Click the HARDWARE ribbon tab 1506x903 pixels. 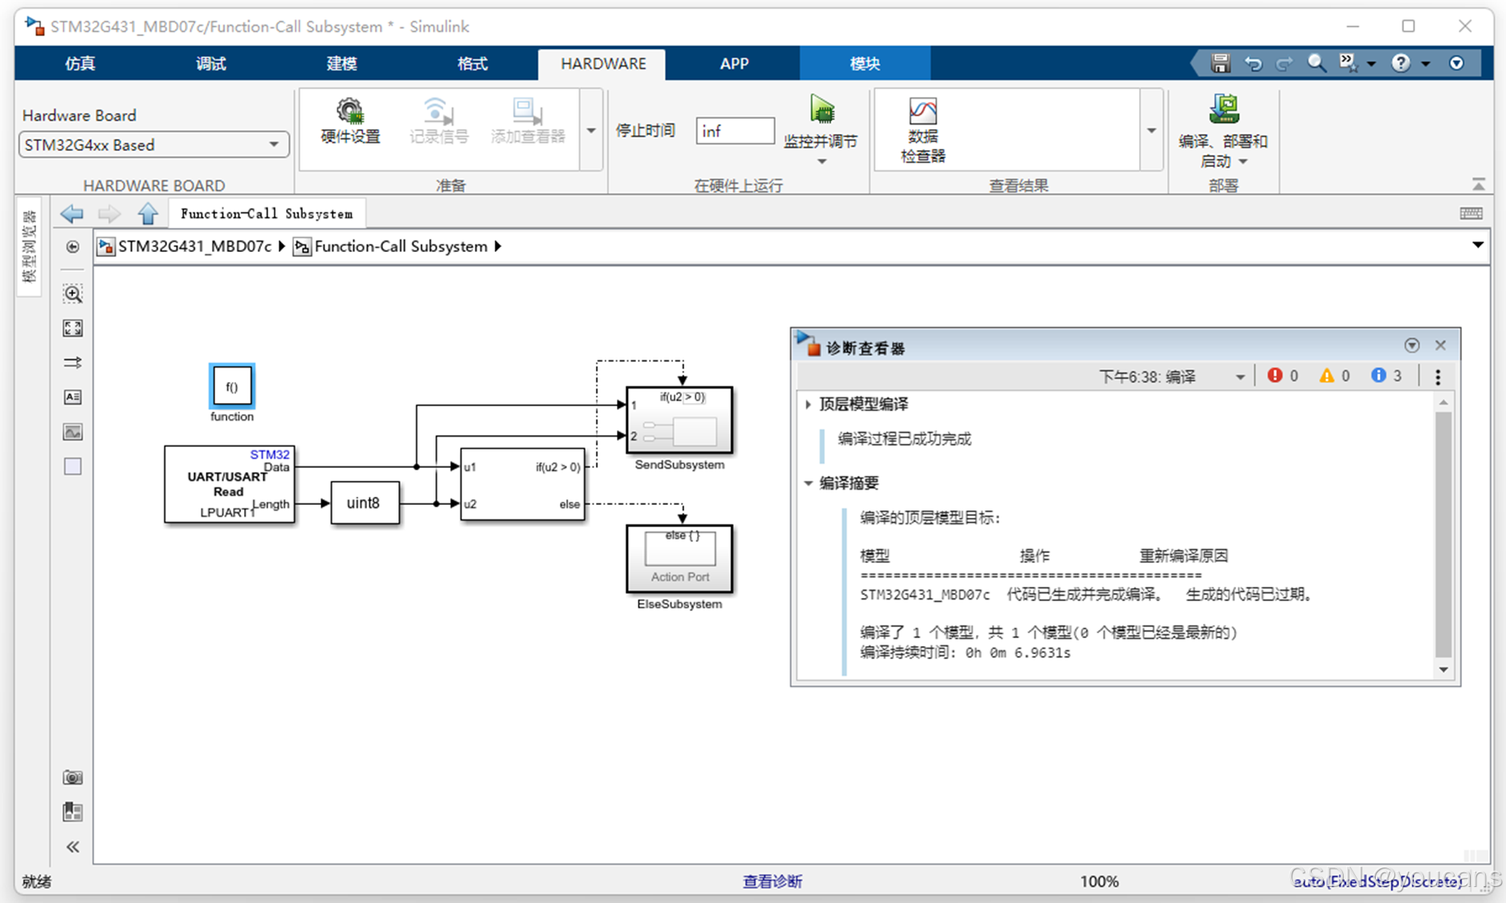click(602, 63)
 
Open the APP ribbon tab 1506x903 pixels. click(733, 63)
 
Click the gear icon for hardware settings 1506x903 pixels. click(349, 111)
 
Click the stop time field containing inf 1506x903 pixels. click(734, 131)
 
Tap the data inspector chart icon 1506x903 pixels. click(922, 111)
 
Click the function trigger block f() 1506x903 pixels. click(231, 387)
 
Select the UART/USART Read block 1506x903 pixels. click(229, 484)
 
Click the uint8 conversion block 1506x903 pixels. click(365, 503)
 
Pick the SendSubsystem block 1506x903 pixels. click(679, 420)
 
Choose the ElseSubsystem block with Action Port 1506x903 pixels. click(679, 558)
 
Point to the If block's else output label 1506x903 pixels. click(569, 504)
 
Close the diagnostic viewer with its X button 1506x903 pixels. click(1440, 345)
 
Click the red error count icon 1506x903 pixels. click(1275, 376)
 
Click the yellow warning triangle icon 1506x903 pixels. click(1326, 376)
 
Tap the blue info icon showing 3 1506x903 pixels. click(1378, 376)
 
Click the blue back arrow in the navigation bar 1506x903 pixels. click(72, 214)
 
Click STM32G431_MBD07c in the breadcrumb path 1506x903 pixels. click(194, 246)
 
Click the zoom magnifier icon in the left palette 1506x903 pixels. click(73, 294)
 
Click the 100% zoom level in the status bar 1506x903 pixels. click(1099, 881)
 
